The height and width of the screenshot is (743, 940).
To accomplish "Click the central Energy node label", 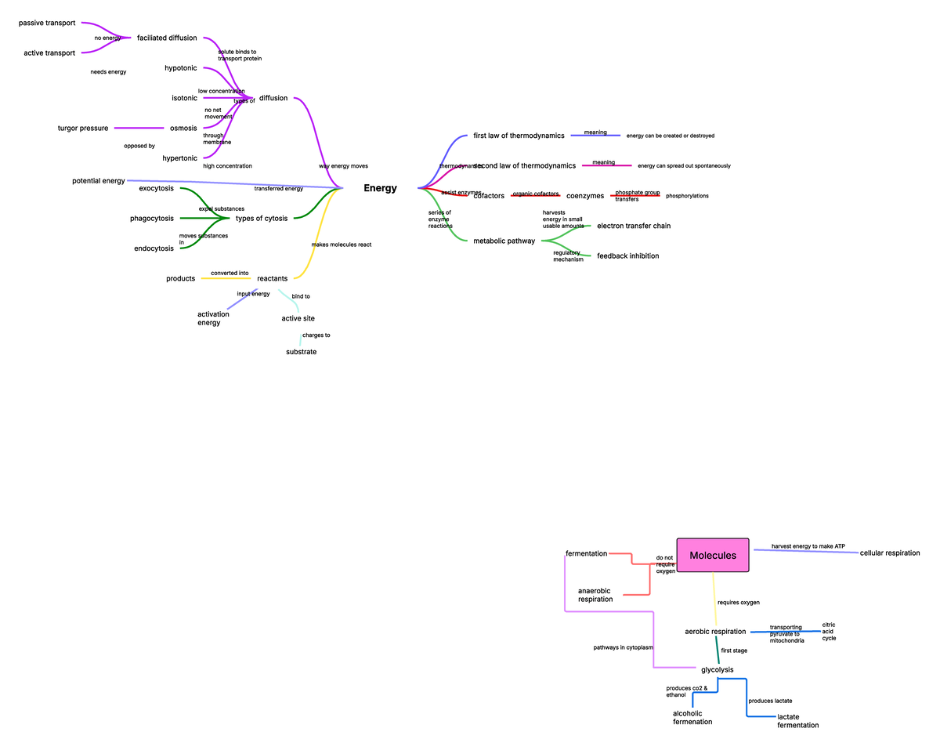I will (x=380, y=188).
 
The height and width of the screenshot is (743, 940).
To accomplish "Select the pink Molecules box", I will (x=713, y=556).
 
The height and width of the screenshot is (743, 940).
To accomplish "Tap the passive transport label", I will (x=47, y=23).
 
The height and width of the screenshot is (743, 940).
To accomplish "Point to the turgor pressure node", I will (x=83, y=128).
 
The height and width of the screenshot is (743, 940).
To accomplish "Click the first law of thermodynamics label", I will (x=519, y=136).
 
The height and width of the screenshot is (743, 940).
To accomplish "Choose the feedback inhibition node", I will (x=627, y=256).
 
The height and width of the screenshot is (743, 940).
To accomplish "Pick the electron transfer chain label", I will (x=634, y=226).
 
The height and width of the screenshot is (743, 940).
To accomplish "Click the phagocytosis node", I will (x=152, y=218).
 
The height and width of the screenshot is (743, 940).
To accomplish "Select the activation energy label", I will (x=213, y=318).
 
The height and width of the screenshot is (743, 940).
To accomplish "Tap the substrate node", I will (x=302, y=352).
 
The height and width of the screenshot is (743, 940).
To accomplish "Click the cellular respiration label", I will (x=890, y=553).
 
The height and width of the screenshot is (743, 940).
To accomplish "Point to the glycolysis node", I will (x=717, y=669).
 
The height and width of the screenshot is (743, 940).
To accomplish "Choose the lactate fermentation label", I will (x=797, y=721).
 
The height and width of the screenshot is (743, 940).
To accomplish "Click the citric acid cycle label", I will (x=829, y=632).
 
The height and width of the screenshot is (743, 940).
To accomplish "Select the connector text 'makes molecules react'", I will (x=341, y=245).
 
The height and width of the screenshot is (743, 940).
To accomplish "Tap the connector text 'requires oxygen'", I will (x=739, y=602).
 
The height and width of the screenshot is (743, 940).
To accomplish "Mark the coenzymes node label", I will (x=584, y=196).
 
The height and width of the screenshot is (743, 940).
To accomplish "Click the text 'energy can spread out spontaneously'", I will (x=684, y=166).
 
